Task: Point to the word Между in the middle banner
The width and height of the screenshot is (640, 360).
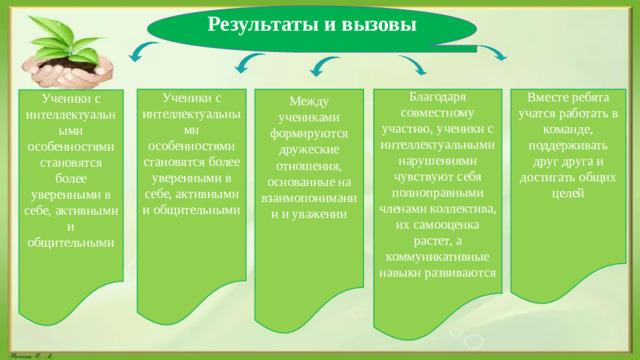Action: [311, 102]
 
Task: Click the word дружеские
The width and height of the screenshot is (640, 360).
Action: [311, 150]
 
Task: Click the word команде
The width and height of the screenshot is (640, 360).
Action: [567, 129]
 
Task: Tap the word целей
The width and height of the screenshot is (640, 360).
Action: [567, 192]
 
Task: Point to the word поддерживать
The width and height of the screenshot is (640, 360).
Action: [567, 145]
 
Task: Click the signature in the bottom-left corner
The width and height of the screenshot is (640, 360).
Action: [30, 354]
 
